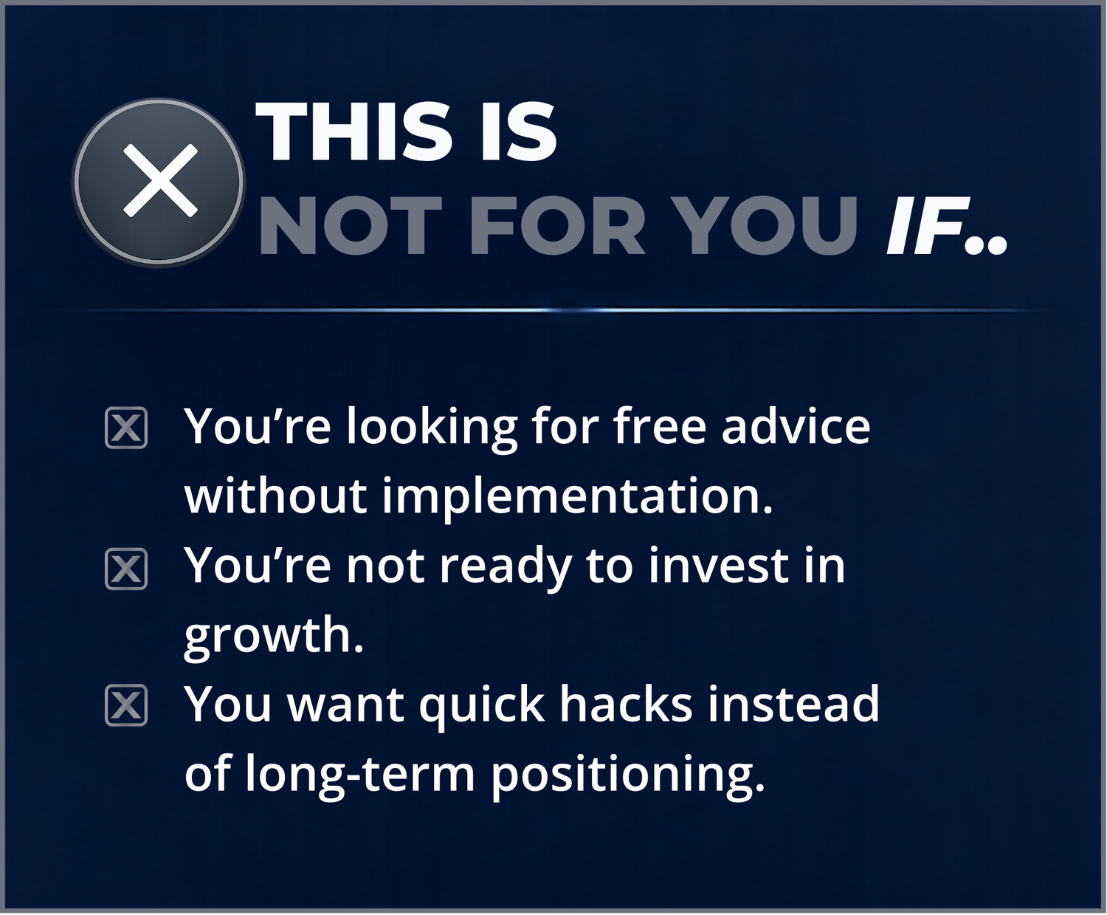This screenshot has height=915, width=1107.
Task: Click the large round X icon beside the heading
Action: point(159,182)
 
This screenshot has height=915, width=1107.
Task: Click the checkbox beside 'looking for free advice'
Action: point(126,428)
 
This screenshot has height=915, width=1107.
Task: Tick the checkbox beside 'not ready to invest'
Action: point(126,569)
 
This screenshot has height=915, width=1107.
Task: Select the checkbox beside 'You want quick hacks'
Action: point(126,705)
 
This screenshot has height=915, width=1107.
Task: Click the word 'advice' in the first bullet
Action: point(796,426)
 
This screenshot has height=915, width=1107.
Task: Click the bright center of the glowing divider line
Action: point(552,309)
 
